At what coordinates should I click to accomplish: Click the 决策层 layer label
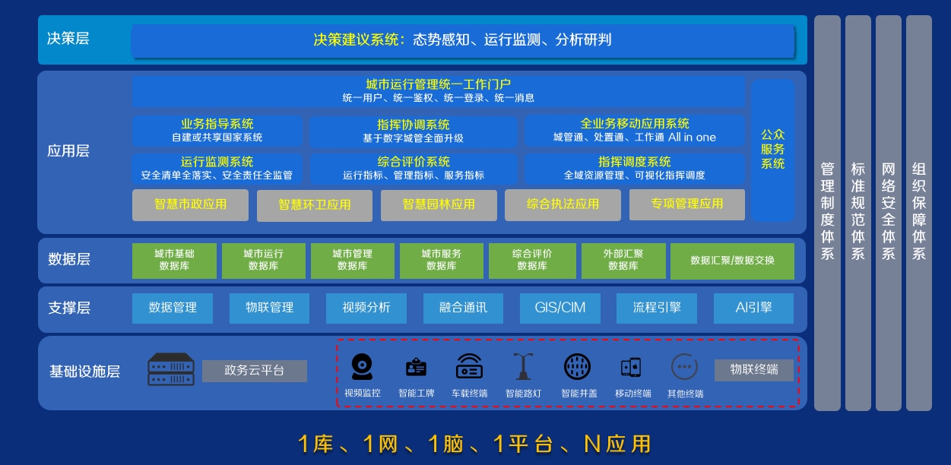click(68, 39)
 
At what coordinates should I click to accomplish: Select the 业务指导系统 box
click(217, 131)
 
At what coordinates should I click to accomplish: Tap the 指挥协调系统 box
click(413, 131)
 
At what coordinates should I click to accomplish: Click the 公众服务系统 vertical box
click(772, 150)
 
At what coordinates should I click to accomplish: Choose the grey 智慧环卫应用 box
click(315, 205)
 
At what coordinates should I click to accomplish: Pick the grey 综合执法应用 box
click(563, 204)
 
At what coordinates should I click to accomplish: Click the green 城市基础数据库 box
click(174, 261)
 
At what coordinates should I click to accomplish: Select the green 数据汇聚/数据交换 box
click(732, 261)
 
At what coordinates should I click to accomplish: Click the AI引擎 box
click(753, 308)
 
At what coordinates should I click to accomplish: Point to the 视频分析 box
click(366, 308)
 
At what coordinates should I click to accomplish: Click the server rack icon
click(171, 369)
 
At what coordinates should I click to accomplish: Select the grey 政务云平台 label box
click(255, 371)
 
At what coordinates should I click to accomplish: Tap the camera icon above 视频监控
click(362, 367)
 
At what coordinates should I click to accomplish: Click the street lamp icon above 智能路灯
click(523, 366)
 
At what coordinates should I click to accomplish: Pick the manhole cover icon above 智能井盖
click(578, 367)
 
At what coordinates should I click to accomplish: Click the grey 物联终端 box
click(754, 370)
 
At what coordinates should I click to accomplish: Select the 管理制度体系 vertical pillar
click(827, 213)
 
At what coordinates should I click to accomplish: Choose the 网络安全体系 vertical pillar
click(888, 213)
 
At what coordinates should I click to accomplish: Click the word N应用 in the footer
click(617, 444)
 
